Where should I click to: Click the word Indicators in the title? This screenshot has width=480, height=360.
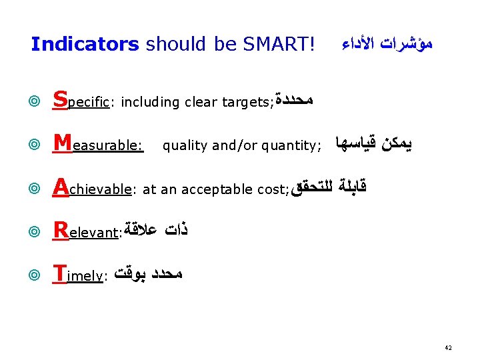(85, 45)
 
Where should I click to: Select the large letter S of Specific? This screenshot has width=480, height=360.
(60, 100)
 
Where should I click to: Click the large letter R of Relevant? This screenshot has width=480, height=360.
(61, 231)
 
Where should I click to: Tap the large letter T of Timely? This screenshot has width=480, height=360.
(59, 273)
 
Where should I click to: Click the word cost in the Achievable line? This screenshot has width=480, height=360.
(271, 190)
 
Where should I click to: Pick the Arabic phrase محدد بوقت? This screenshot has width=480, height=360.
(147, 274)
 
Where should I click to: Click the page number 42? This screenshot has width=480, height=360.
(449, 348)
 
